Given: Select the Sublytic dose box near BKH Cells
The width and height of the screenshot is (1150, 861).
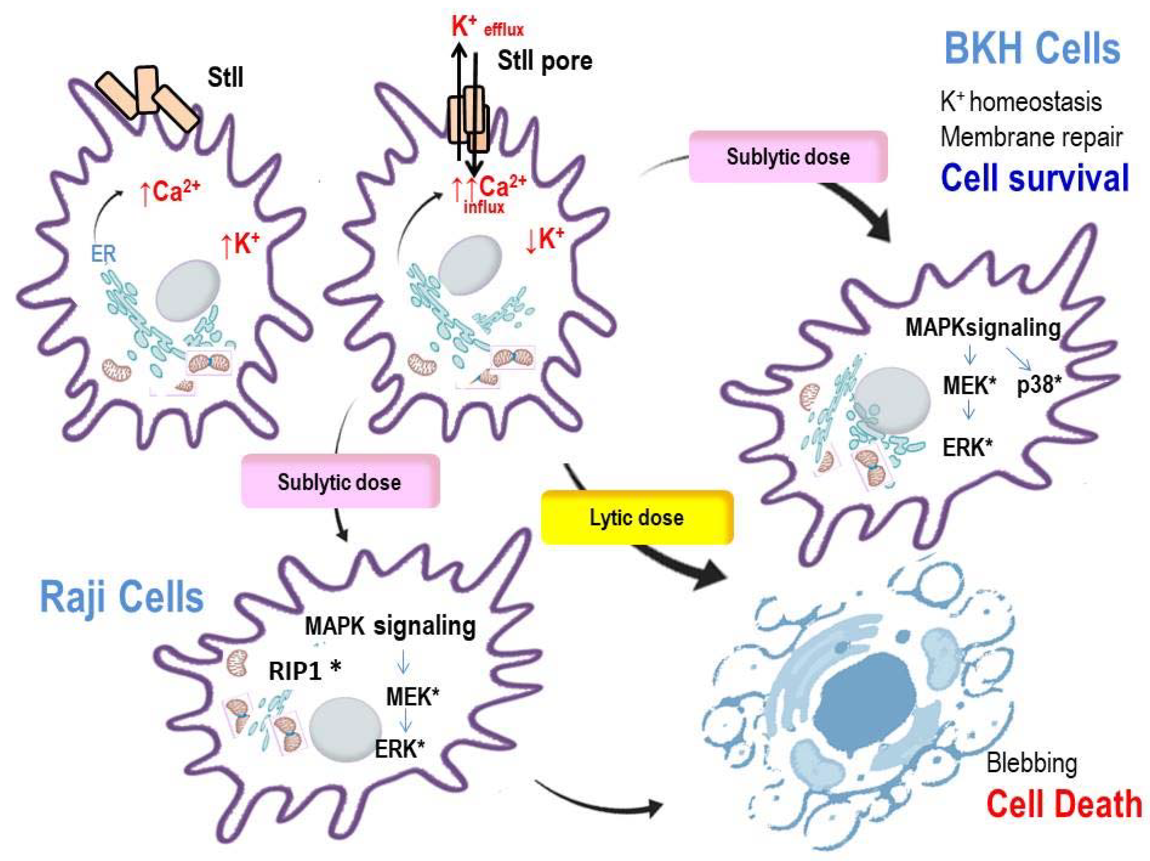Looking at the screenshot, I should [x=788, y=156].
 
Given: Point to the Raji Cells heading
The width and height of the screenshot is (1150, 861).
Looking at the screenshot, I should [x=122, y=597].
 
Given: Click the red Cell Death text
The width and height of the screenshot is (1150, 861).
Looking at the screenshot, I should [x=1064, y=804].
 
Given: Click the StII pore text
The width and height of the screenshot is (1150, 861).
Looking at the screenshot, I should [x=544, y=61].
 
